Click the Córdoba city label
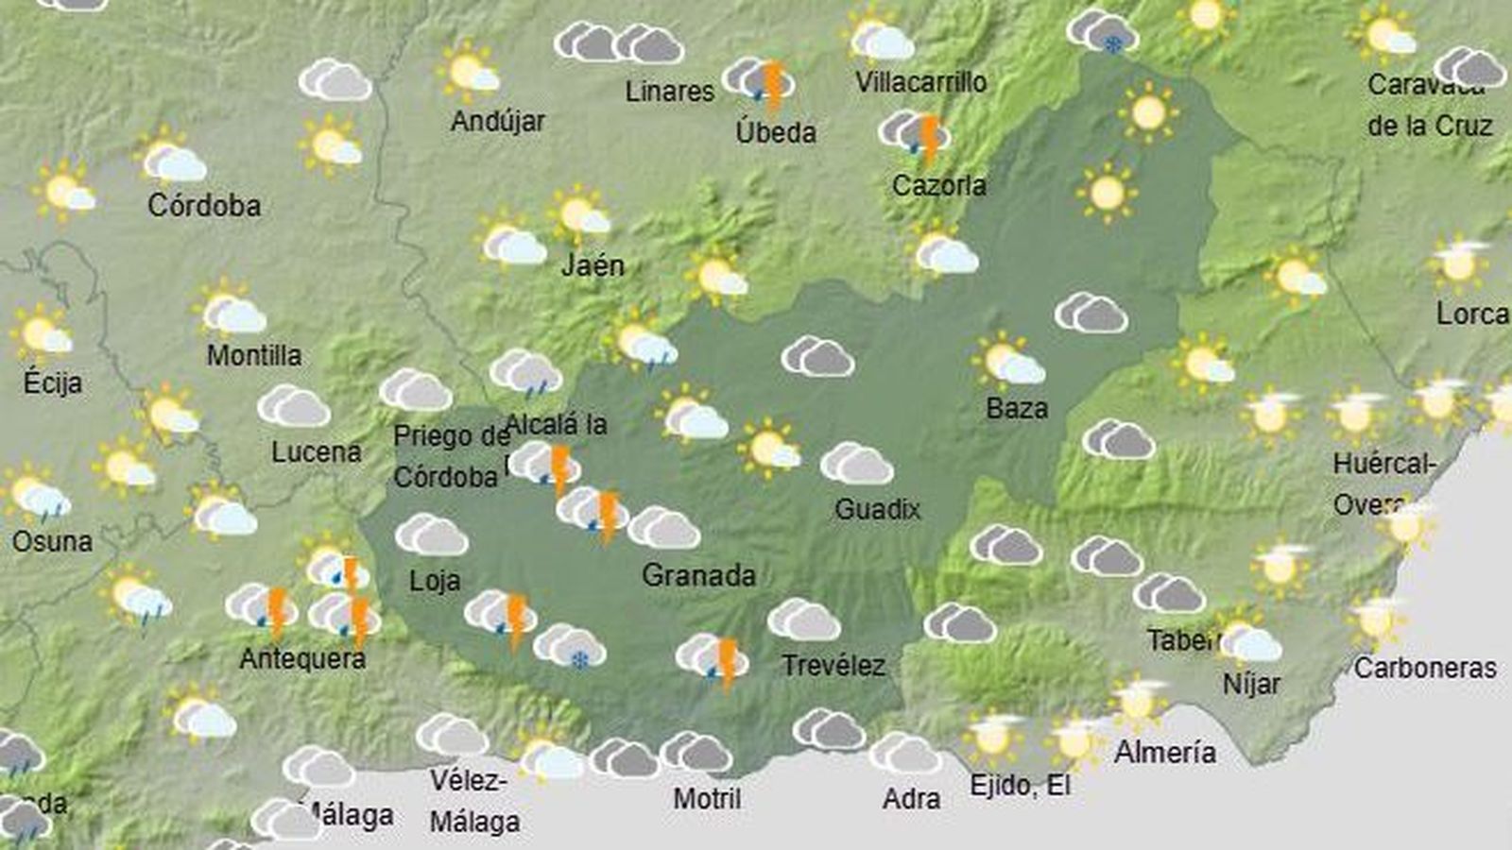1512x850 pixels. coord(204,205)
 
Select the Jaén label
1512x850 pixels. coord(593,264)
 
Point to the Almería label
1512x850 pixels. coord(1164,752)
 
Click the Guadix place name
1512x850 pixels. coord(877,509)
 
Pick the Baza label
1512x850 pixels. coord(1017,408)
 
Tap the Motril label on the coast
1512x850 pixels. coord(707,798)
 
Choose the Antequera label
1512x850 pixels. coord(302,658)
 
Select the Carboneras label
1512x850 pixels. coord(1425,668)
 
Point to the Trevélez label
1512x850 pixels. coord(833,665)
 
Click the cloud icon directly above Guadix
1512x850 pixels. coord(856,464)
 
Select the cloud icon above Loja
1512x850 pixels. coord(431,535)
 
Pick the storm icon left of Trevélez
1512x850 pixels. coord(713,660)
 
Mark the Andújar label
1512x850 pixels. coord(498,121)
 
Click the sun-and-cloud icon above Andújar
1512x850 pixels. coord(470,72)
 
